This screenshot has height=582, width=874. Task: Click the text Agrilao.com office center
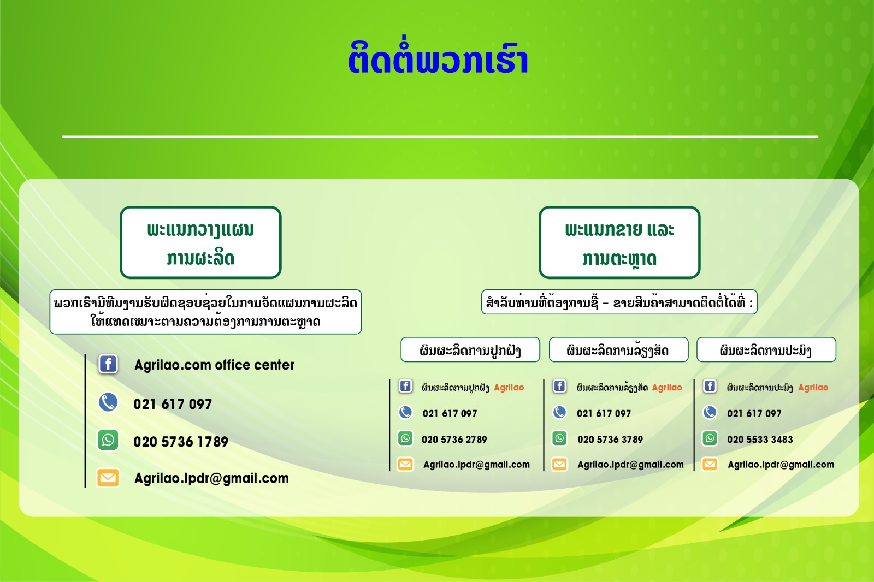[x=214, y=365]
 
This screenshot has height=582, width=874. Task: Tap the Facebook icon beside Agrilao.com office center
[x=108, y=364]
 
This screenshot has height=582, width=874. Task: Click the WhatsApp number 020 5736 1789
[x=181, y=441]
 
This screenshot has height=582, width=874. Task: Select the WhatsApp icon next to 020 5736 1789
[x=108, y=440]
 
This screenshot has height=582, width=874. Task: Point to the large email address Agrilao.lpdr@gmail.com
[x=211, y=478]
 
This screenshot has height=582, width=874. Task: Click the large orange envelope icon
[x=108, y=478]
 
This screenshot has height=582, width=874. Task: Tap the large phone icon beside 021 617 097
[x=108, y=402]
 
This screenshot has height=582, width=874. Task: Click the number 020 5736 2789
[x=454, y=440]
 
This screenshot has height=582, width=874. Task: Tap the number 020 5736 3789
[x=610, y=440]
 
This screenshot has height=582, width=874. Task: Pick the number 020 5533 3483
[x=760, y=440]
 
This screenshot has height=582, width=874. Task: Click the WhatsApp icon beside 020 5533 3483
[x=710, y=438]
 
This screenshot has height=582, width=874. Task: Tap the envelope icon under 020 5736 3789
[x=559, y=464]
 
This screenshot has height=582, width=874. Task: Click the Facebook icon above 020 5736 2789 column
[x=405, y=386]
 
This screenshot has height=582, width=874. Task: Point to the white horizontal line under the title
[x=440, y=137]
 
